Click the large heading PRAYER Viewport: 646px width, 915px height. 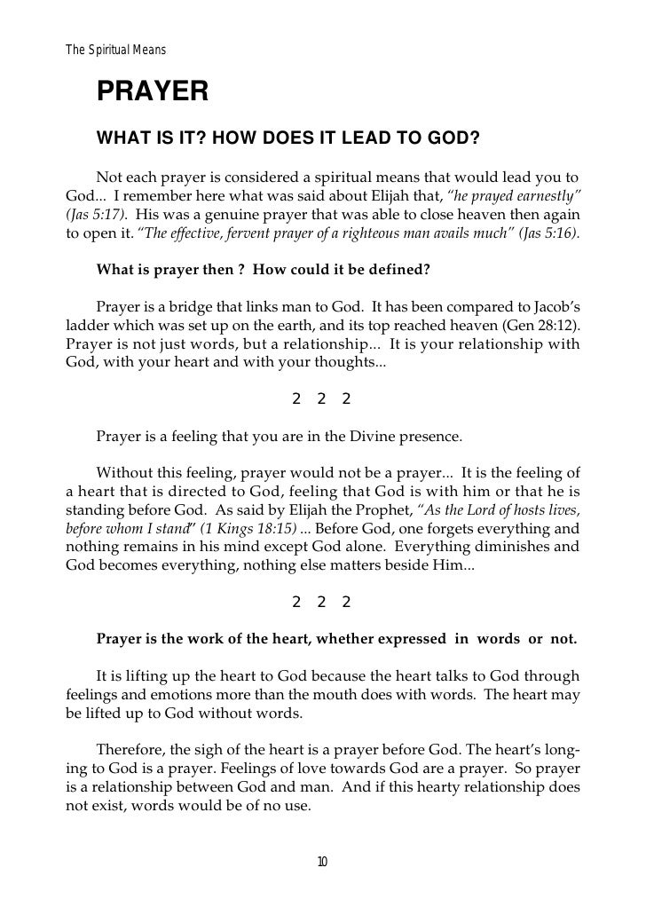pos(152,91)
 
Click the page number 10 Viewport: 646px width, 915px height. pos(322,862)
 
